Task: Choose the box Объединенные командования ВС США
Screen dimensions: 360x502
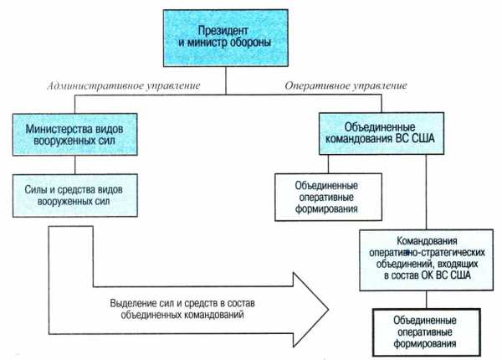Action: click(x=381, y=131)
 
